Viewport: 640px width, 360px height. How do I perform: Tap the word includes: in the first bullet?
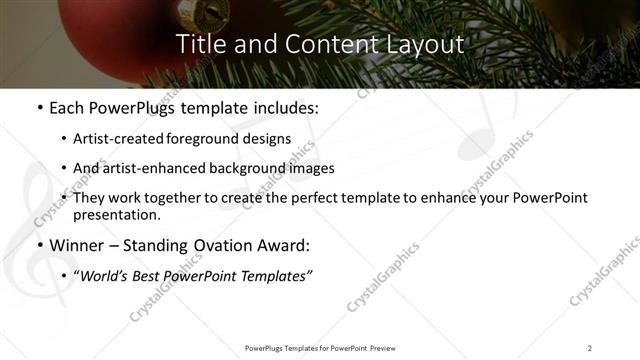285,107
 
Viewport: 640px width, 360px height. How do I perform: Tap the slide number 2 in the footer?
590,347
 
